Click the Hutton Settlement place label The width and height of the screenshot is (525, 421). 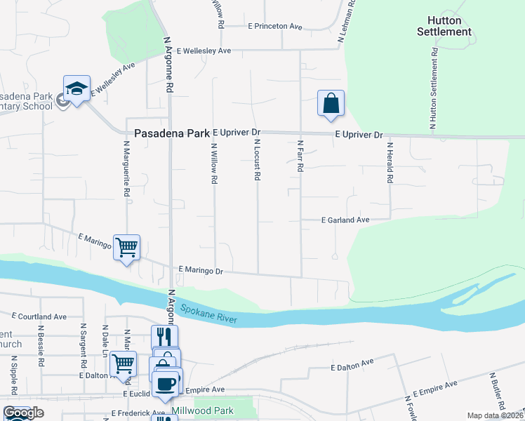coord(444,26)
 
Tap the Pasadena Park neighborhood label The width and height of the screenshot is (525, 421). coord(171,133)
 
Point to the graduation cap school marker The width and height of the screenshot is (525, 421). coord(77,89)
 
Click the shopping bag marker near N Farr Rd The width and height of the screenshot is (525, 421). coord(331,104)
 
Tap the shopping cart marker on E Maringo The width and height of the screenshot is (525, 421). coord(126,248)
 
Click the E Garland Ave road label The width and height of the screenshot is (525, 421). coord(345,220)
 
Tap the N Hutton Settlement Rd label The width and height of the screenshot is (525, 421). coord(434,88)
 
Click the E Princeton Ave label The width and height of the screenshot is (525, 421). coord(274,26)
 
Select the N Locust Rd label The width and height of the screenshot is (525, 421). coord(257,161)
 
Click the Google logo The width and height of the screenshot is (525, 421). coord(23,413)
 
